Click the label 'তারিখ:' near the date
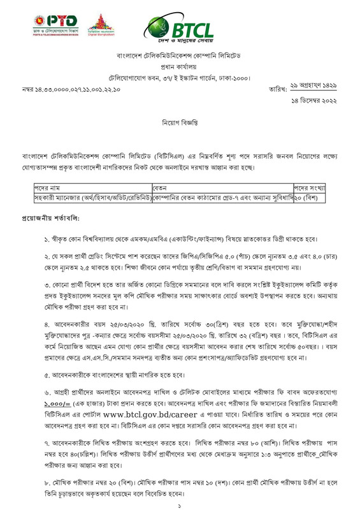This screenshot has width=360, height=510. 278,89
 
